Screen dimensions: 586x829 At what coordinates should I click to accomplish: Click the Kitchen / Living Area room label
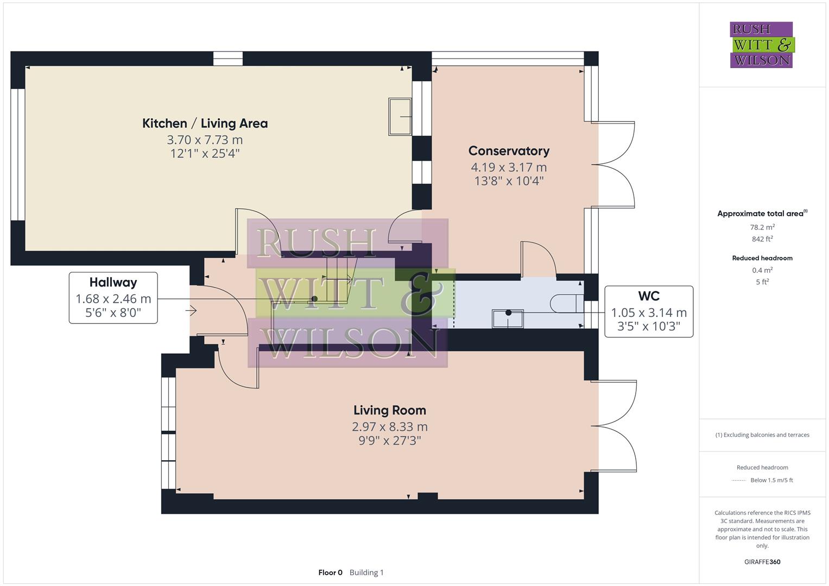(x=205, y=124)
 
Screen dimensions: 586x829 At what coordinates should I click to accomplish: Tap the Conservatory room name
(x=509, y=151)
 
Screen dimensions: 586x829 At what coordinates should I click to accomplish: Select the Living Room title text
(x=389, y=411)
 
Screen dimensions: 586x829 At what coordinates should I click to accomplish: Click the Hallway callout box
(x=113, y=298)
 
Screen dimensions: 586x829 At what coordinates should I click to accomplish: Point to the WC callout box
(x=649, y=311)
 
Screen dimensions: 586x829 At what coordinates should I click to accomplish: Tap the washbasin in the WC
(x=508, y=319)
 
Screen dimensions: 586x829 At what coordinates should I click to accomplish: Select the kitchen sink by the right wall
(x=400, y=117)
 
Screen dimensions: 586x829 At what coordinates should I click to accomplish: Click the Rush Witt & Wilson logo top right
(x=762, y=45)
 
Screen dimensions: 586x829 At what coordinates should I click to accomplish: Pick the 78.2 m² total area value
(x=762, y=227)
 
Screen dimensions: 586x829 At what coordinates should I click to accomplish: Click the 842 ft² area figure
(x=762, y=239)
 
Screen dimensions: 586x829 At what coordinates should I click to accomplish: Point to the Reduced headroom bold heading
(x=762, y=258)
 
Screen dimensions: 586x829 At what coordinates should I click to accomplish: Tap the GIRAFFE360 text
(x=762, y=562)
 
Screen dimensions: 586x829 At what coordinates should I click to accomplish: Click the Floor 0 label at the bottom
(x=330, y=572)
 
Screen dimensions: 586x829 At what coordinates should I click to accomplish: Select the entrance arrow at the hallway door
(x=191, y=311)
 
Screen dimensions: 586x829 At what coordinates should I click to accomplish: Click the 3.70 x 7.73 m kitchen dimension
(x=205, y=140)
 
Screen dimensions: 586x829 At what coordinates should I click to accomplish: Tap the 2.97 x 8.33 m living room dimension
(x=389, y=427)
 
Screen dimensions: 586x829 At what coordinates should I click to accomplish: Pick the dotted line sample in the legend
(x=739, y=480)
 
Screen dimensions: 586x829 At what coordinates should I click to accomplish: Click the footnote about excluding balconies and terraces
(x=762, y=435)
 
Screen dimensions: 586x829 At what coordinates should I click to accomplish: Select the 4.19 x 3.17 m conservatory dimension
(x=509, y=168)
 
